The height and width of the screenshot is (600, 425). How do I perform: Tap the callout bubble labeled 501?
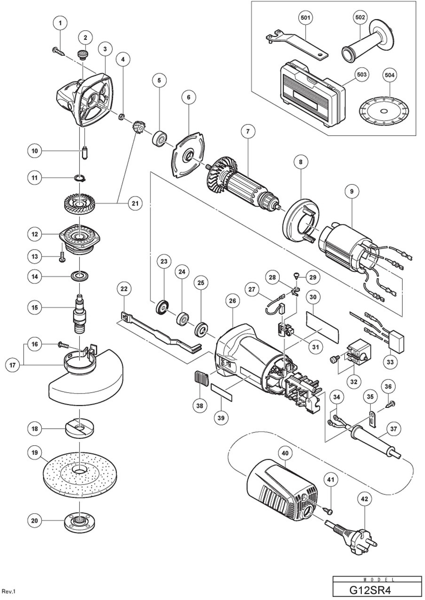click(305, 18)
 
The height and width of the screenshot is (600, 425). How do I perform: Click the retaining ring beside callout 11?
click(80, 179)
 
